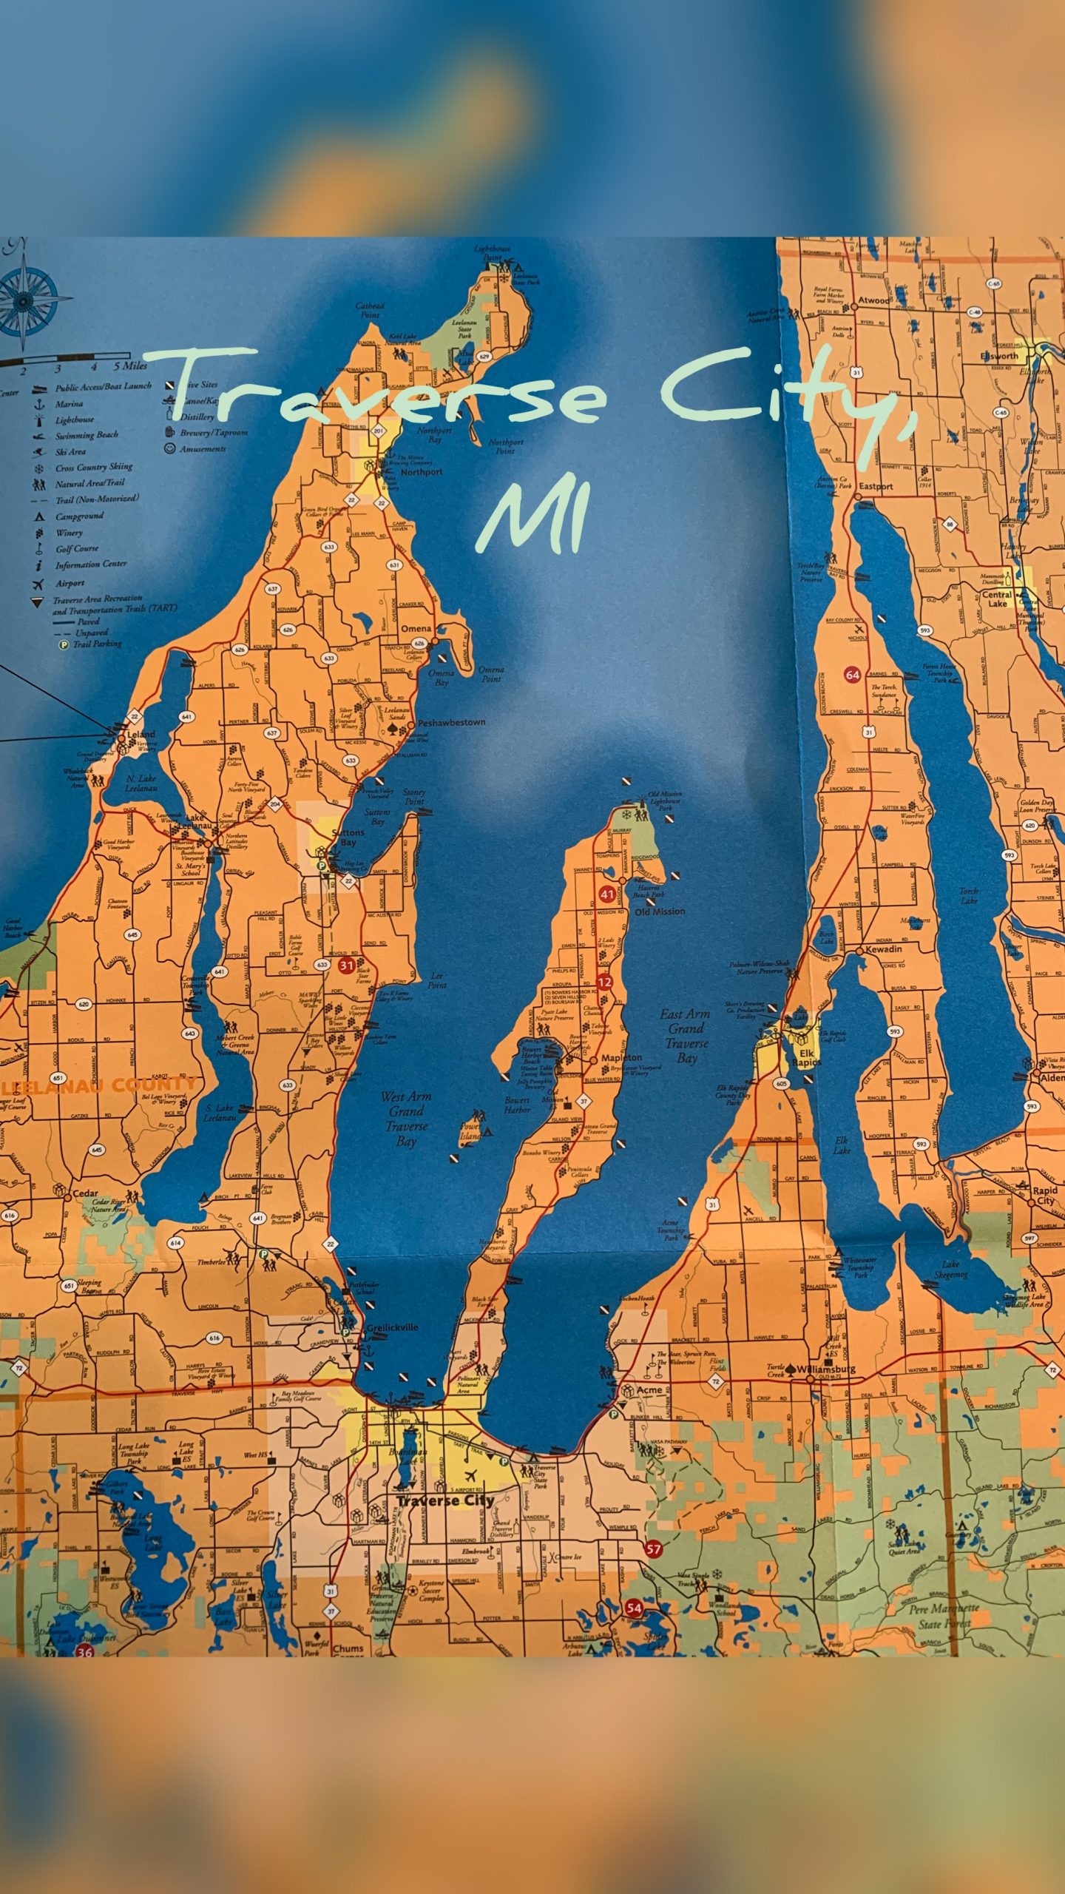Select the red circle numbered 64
pyautogui.click(x=853, y=675)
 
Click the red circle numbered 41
pyautogui.click(x=607, y=894)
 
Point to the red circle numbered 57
pyautogui.click(x=653, y=1548)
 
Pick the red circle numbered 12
pyautogui.click(x=604, y=982)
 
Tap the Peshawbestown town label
pyautogui.click(x=451, y=722)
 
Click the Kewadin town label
pyautogui.click(x=884, y=949)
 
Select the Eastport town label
pyautogui.click(x=876, y=487)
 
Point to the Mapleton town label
pyautogui.click(x=621, y=1058)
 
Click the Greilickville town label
pyautogui.click(x=393, y=1328)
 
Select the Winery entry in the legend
pyautogui.click(x=69, y=533)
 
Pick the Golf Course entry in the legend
pyautogui.click(x=77, y=549)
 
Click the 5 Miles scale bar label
pyautogui.click(x=130, y=366)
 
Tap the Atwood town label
pyautogui.click(x=873, y=300)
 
